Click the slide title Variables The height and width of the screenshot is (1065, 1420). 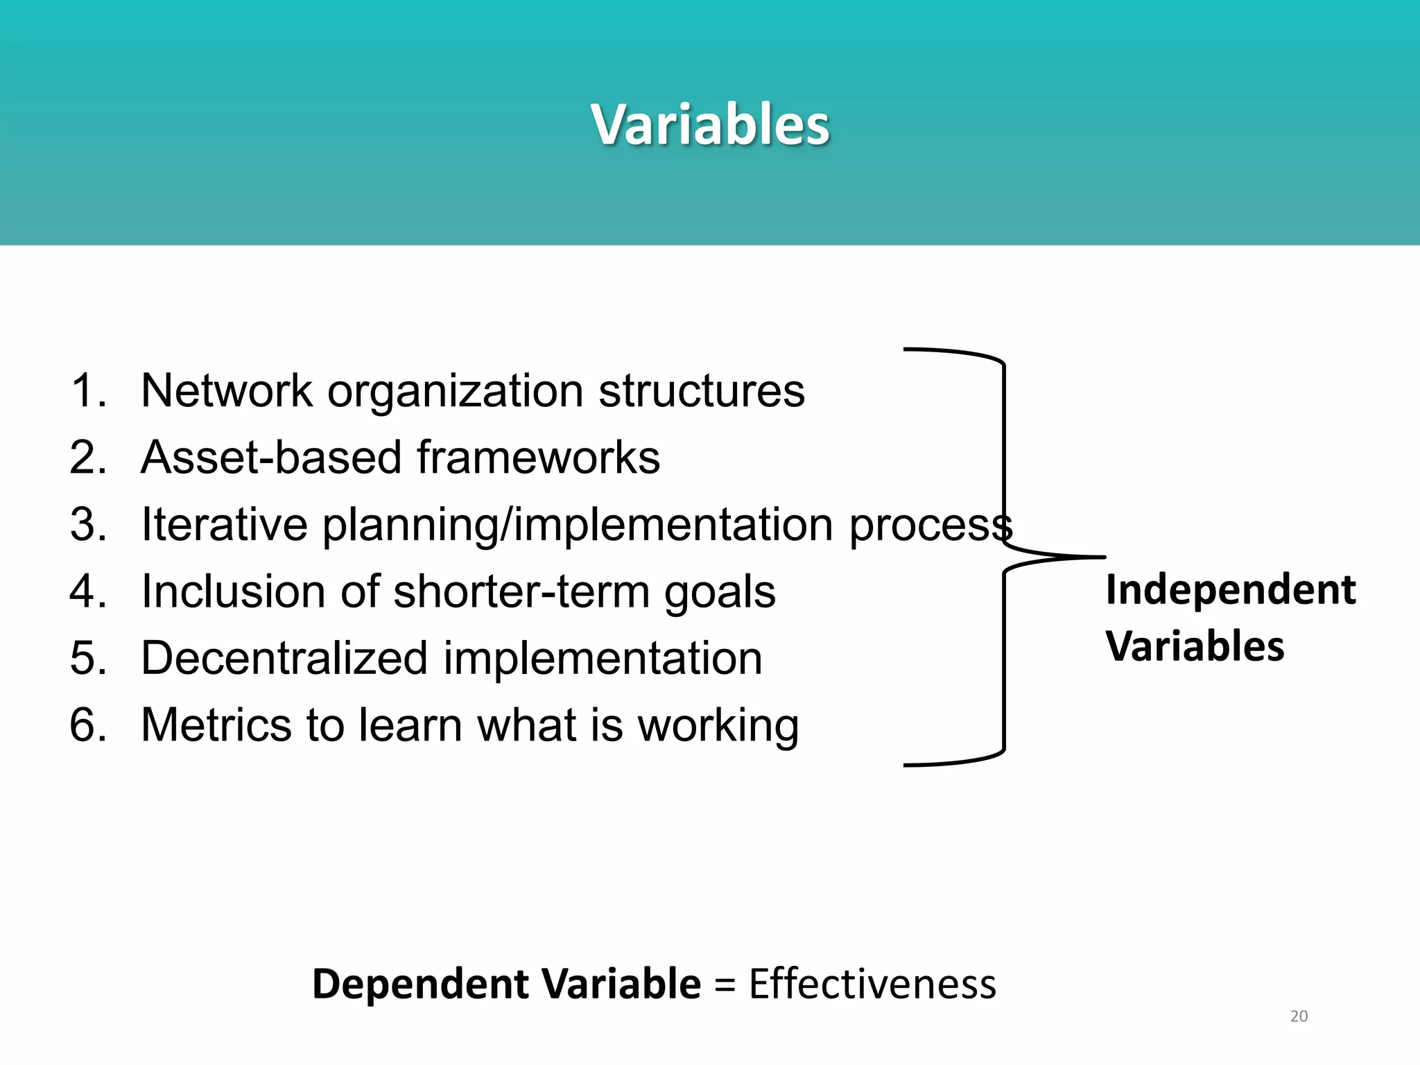pyautogui.click(x=710, y=125)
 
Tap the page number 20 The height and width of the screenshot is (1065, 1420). pyautogui.click(x=1299, y=1016)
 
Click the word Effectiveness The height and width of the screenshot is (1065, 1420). pyautogui.click(x=872, y=984)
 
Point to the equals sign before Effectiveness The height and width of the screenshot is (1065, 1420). pyautogui.click(x=725, y=985)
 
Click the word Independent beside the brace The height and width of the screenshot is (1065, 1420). pyautogui.click(x=1230, y=590)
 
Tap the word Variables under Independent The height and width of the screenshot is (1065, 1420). pyautogui.click(x=1195, y=646)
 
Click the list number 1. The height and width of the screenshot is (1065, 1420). pyautogui.click(x=87, y=390)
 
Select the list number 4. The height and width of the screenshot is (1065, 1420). pyautogui.click(x=87, y=591)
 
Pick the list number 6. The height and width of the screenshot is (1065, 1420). pyautogui.click(x=87, y=725)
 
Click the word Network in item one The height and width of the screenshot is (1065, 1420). pyautogui.click(x=227, y=390)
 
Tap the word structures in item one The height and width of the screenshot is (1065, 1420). pyautogui.click(x=701, y=390)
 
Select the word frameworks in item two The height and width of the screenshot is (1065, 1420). pyautogui.click(x=538, y=458)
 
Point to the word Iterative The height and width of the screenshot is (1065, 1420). pyautogui.click(x=224, y=524)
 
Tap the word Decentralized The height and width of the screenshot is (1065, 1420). pyautogui.click(x=284, y=658)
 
